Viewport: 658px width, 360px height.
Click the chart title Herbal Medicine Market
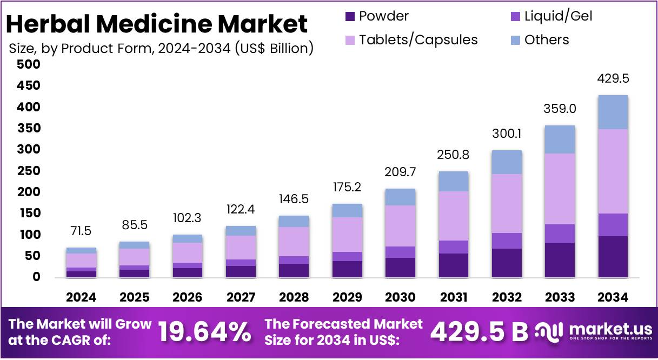(x=157, y=24)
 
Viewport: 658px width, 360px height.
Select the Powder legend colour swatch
(x=350, y=16)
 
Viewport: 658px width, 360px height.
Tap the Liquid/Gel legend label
(x=558, y=16)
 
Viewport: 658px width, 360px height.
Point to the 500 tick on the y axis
(x=29, y=65)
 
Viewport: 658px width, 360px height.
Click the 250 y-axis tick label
(x=29, y=171)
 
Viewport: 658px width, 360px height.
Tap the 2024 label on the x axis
(x=81, y=297)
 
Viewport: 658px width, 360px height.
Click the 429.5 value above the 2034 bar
(x=613, y=79)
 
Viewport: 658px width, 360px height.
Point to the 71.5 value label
(x=81, y=231)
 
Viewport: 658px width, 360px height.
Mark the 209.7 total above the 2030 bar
(x=400, y=172)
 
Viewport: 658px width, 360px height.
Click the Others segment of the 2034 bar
(x=613, y=112)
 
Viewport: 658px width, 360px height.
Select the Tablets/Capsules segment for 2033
(x=560, y=189)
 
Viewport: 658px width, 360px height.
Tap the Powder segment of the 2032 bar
(x=507, y=263)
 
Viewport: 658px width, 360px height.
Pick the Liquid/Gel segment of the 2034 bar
(x=613, y=225)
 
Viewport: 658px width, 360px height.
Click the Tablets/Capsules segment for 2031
(x=454, y=216)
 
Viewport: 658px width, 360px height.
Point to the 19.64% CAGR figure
(x=204, y=332)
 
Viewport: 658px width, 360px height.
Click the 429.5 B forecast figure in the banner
(x=478, y=332)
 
